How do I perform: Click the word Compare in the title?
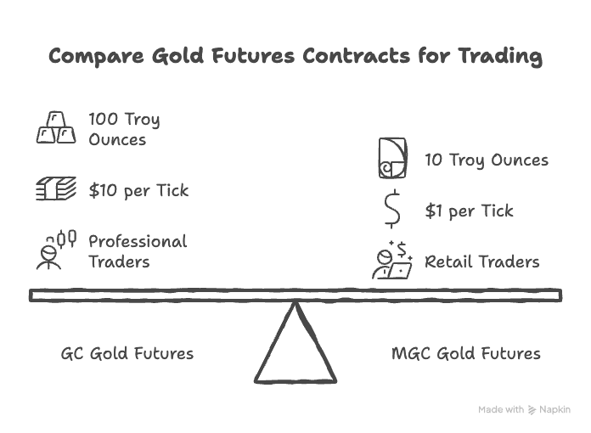tap(87, 56)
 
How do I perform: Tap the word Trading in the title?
tap(499, 56)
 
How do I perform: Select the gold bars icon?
tap(55, 128)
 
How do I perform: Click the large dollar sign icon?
tap(391, 211)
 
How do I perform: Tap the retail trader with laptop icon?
tap(391, 261)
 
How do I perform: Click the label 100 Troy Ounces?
tap(124, 128)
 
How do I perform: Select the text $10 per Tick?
tap(138, 189)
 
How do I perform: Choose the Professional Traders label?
tap(138, 251)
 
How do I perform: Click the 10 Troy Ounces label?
tap(487, 160)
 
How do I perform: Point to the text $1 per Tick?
tap(469, 211)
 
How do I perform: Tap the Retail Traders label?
tap(481, 261)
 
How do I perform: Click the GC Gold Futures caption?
tap(127, 353)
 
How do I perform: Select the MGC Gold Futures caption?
tap(465, 353)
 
